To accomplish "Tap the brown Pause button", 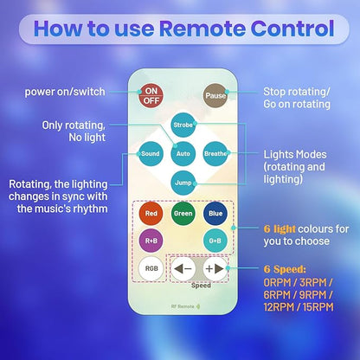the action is [215, 95].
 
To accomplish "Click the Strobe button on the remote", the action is [183, 125].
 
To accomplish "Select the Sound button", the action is [151, 154].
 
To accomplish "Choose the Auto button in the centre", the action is [183, 154].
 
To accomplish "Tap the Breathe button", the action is [215, 154].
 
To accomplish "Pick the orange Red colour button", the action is [151, 214].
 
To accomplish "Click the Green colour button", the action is [183, 214].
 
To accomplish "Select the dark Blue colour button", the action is [215, 214].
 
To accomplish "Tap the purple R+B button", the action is [151, 241].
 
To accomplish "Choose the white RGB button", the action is [151, 268].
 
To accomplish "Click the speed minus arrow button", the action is [183, 268].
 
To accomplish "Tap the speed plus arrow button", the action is [215, 268].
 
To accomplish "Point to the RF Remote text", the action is [183, 306].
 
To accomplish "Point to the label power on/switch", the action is [65, 92].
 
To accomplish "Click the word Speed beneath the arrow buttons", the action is [201, 286].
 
